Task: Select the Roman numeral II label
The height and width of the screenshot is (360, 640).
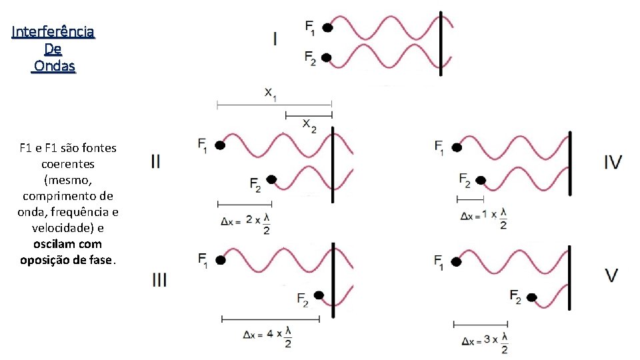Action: click(x=155, y=161)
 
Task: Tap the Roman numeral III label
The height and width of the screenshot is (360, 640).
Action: click(x=159, y=279)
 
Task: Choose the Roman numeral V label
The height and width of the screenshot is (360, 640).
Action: click(x=611, y=275)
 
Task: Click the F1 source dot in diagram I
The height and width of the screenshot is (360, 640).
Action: click(x=327, y=27)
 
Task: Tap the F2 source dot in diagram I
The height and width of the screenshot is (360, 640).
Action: click(x=327, y=58)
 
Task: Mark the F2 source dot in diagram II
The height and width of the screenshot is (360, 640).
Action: click(x=271, y=179)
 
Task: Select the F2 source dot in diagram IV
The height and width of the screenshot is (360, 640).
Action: click(x=481, y=180)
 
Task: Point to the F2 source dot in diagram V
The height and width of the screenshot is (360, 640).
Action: click(x=532, y=297)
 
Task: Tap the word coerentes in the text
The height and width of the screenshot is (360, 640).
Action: click(x=68, y=163)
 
